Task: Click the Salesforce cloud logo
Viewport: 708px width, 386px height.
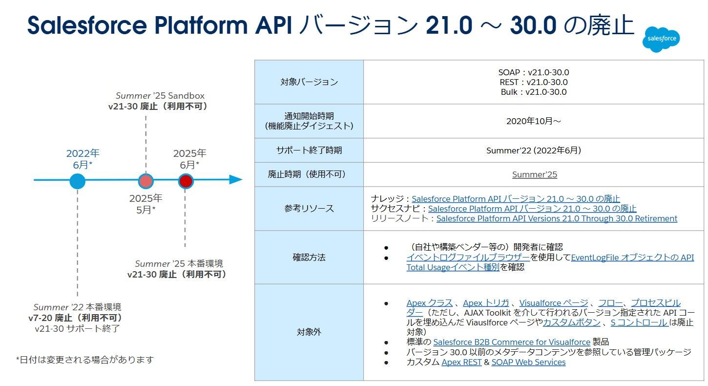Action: point(661,39)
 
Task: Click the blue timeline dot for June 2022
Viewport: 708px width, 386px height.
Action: point(78,181)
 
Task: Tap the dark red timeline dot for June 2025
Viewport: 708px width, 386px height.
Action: point(186,181)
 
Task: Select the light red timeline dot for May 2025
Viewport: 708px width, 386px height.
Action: point(146,181)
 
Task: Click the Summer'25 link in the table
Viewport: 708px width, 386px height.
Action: point(535,174)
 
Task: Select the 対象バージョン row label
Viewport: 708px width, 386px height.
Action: point(309,82)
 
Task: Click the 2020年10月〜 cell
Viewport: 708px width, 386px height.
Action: point(534,121)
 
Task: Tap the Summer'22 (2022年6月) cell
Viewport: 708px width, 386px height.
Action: point(534,150)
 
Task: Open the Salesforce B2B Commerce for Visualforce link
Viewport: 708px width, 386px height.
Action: point(512,342)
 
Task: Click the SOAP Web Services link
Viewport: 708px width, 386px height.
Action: point(528,362)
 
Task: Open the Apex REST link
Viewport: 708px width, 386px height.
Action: point(461,362)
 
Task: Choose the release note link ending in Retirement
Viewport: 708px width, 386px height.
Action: point(557,218)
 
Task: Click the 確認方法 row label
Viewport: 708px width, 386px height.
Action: point(309,257)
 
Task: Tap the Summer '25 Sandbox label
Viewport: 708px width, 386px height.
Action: point(160,96)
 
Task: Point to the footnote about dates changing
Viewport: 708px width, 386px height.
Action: point(85,360)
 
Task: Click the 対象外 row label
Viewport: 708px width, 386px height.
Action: point(309,332)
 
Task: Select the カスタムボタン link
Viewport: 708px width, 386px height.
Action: point(571,322)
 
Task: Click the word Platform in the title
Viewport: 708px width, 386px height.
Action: point(201,25)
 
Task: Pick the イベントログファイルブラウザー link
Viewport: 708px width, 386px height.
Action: point(468,257)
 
